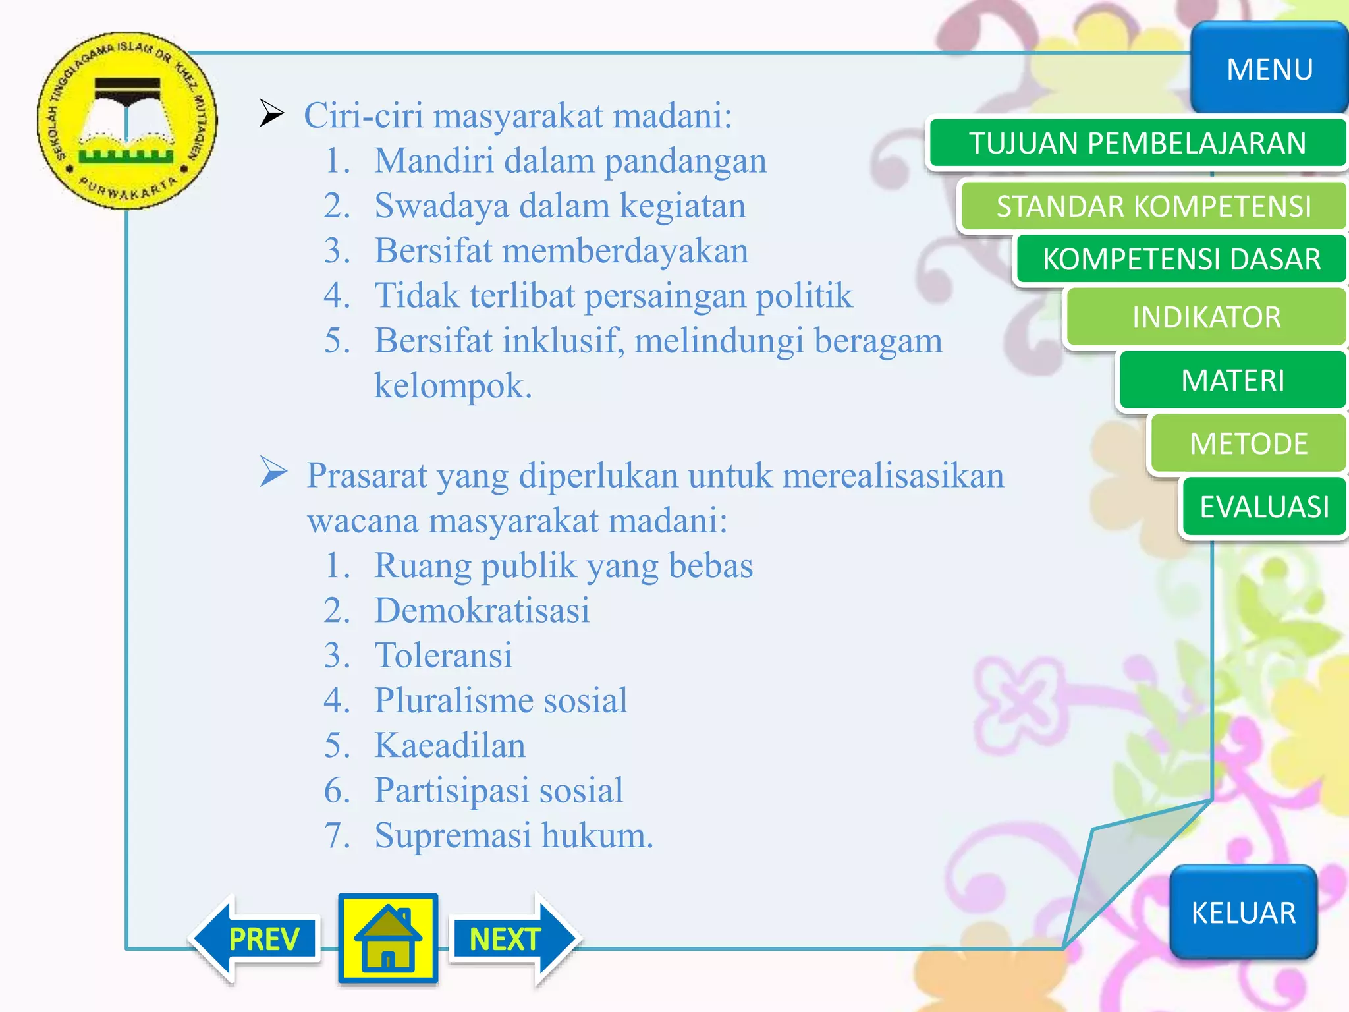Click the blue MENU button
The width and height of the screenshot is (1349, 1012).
tap(1269, 69)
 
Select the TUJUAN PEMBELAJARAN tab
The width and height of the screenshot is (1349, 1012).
tap(1138, 143)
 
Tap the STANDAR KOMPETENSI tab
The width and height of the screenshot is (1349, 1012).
tap(1153, 206)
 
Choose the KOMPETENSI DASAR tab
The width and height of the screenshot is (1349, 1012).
tap(1181, 259)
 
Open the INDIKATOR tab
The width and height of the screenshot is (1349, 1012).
tap(1206, 317)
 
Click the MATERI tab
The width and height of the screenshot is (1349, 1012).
tap(1232, 380)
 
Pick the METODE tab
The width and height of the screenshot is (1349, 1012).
tap(1248, 443)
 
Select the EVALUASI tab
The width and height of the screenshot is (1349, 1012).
tap(1264, 507)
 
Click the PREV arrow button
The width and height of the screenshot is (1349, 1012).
tap(257, 939)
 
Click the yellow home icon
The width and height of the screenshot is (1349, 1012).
tap(388, 939)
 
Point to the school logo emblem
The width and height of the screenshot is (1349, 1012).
tap(126, 121)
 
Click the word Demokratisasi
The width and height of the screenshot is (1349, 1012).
tap(482, 610)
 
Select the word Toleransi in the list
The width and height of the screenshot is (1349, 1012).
tap(443, 655)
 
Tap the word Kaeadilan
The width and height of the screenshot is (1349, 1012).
tap(450, 745)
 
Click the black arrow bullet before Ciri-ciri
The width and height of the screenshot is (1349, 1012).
tap(271, 113)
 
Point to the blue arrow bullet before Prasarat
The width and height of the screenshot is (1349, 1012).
tap(273, 472)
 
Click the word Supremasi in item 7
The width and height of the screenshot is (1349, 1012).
tap(453, 835)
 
